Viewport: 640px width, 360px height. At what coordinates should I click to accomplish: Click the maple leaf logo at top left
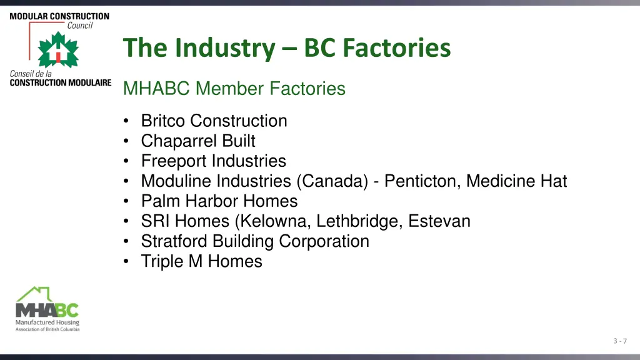click(x=57, y=50)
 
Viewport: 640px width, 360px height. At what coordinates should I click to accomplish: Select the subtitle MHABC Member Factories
click(x=234, y=89)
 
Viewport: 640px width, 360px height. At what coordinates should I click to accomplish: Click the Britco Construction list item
click(x=214, y=121)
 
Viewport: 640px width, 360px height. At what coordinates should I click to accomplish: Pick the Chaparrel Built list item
click(x=198, y=141)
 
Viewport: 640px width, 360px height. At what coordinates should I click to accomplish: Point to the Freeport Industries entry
click(x=213, y=161)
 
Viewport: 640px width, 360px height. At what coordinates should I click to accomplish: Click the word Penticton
click(x=422, y=181)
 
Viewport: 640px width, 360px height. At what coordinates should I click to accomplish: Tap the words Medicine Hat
click(x=517, y=181)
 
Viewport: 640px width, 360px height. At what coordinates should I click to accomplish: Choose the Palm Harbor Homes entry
click(x=219, y=201)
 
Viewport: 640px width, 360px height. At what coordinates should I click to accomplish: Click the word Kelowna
click(x=276, y=221)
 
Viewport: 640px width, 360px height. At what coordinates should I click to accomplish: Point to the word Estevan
click(x=439, y=221)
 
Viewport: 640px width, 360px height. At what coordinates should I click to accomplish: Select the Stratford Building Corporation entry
click(x=255, y=241)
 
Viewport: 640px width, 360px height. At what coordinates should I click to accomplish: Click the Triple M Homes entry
click(x=201, y=261)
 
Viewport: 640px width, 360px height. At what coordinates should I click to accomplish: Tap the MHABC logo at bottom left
click(x=47, y=309)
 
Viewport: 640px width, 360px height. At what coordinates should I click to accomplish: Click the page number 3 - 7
click(x=620, y=341)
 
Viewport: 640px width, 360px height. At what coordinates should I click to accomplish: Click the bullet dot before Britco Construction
click(x=127, y=121)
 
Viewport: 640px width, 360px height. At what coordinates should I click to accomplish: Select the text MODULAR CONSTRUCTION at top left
click(x=59, y=16)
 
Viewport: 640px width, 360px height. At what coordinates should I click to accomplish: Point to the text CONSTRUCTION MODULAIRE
click(x=61, y=82)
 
